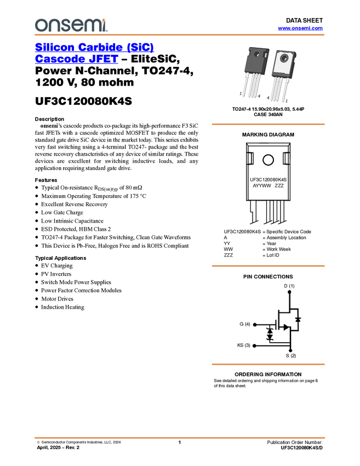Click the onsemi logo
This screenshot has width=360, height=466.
pyautogui.click(x=71, y=25)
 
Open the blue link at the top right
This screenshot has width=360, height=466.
pyautogui.click(x=300, y=29)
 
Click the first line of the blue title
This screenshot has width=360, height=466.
pyautogui.click(x=94, y=48)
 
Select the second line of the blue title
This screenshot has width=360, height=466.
pyautogui.click(x=76, y=60)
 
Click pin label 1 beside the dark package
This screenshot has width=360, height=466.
pyautogui.click(x=241, y=94)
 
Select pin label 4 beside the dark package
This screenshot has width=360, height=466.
pyautogui.click(x=259, y=96)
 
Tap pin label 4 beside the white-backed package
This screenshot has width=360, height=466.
pyautogui.click(x=267, y=97)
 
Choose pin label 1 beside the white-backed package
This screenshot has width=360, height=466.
pyautogui.click(x=286, y=101)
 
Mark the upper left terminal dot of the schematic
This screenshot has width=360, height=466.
pyautogui.click(x=254, y=325)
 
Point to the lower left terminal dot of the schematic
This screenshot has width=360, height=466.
pyautogui.click(x=254, y=345)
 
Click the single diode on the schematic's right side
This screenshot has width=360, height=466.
pyautogui.click(x=297, y=319)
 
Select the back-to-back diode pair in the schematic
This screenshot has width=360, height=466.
pyautogui.click(x=269, y=334)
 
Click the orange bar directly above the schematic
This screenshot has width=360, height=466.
pyautogui.click(x=268, y=266)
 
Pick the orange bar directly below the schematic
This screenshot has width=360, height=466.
pyautogui.click(x=268, y=364)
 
